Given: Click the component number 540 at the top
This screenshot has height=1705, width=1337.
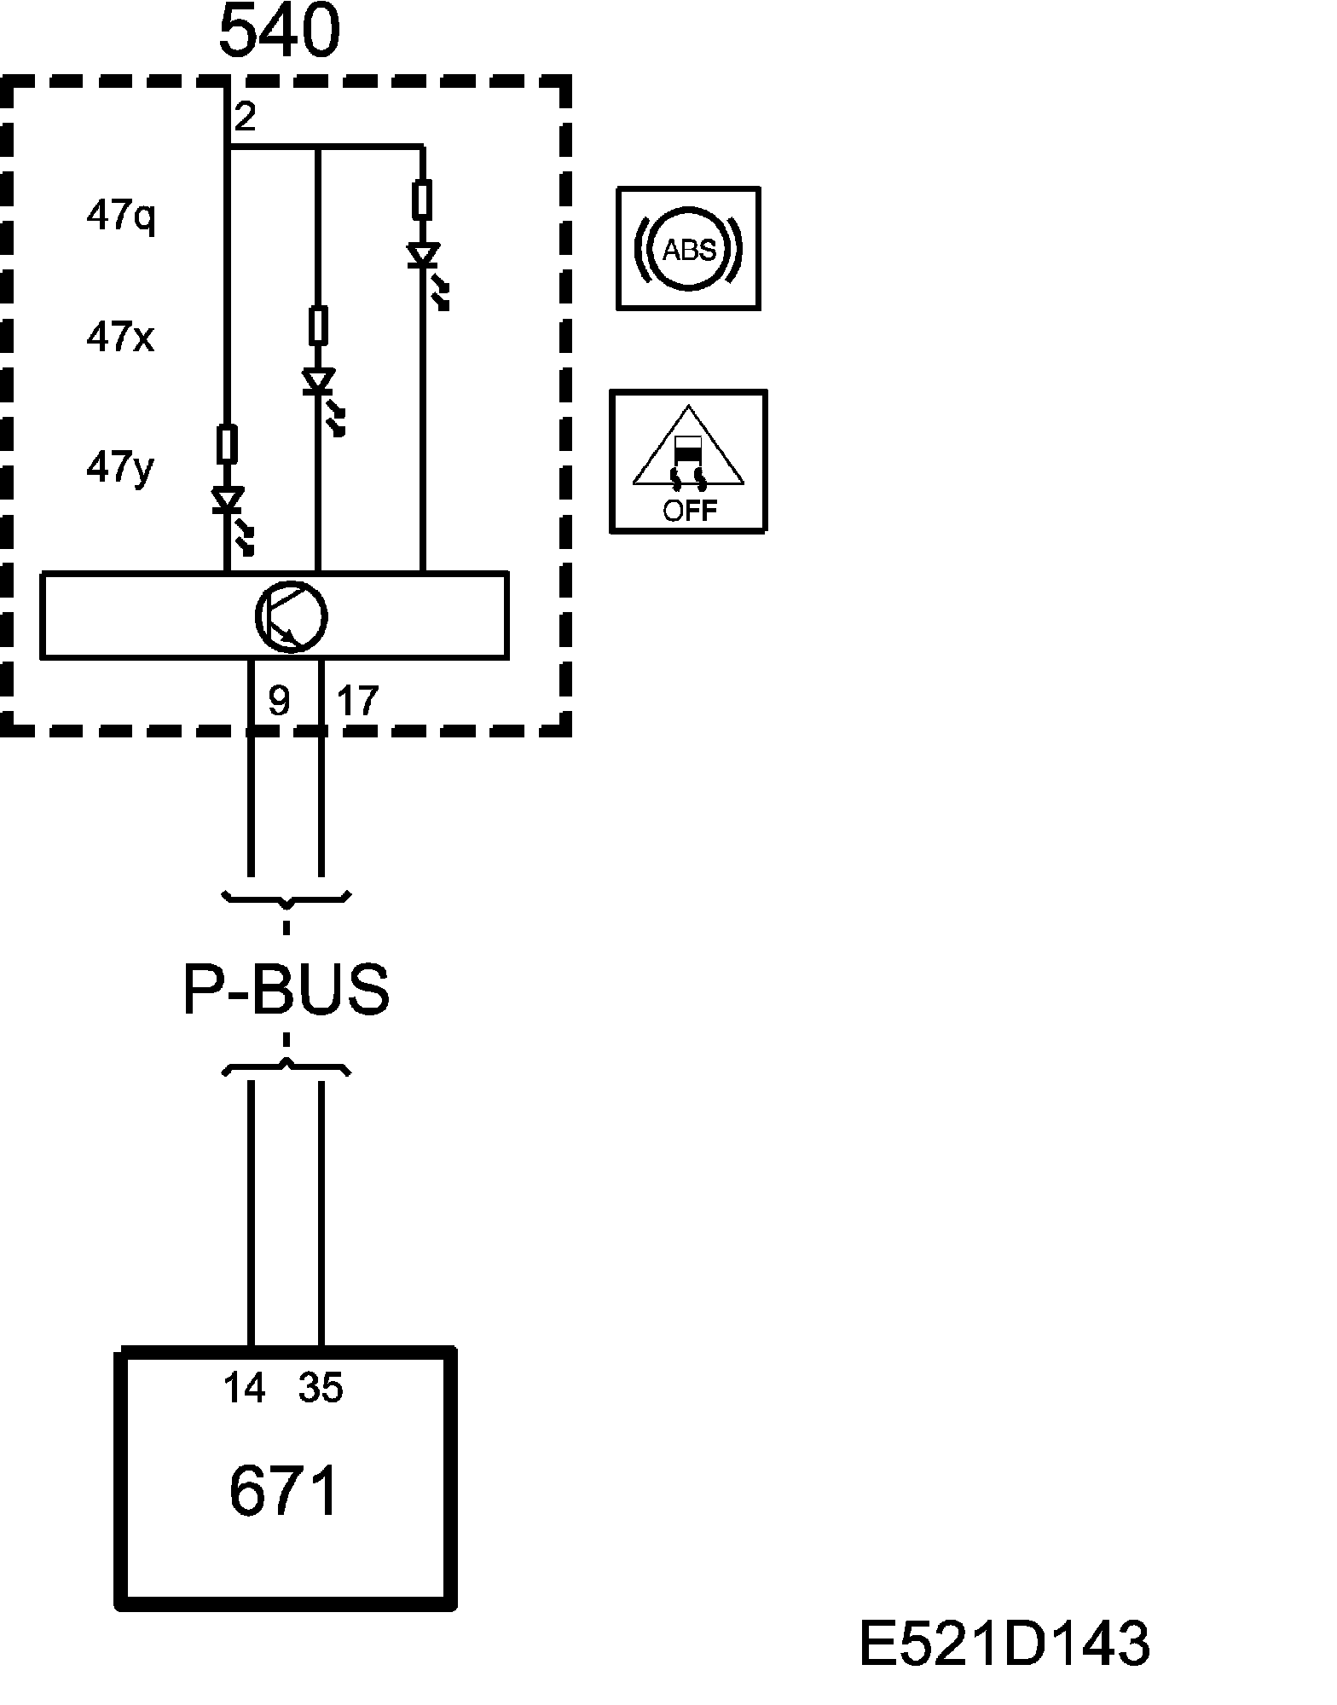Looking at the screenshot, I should [280, 32].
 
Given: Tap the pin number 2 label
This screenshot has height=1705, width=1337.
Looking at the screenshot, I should [245, 117].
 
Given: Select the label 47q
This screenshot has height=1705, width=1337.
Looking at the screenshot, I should [120, 216].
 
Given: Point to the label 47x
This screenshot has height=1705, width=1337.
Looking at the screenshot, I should [120, 338].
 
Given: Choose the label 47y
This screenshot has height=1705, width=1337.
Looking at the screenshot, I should [120, 467].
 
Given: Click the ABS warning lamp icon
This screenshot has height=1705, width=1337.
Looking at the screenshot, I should [689, 249].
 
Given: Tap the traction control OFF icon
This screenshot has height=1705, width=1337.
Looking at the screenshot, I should [689, 462].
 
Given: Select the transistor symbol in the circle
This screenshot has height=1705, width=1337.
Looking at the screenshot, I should [291, 616].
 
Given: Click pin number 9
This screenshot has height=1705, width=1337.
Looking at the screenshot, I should [279, 701].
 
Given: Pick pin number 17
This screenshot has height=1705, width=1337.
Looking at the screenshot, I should [356, 701].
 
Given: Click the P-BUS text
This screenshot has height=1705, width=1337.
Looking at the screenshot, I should [286, 990].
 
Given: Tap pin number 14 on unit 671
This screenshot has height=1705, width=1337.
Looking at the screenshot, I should [245, 1388].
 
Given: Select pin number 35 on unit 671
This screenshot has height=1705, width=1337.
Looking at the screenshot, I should [321, 1388].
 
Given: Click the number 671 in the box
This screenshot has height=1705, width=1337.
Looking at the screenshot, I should [284, 1490].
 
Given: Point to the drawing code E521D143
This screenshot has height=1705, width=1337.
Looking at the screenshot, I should [1004, 1644].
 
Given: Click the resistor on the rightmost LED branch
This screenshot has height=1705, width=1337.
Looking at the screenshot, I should [421, 199].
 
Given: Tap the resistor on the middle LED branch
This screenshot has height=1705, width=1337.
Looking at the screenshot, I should [317, 325].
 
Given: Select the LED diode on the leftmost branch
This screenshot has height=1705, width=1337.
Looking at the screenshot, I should [228, 501].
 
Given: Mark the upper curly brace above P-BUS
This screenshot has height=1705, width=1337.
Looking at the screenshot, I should [286, 898].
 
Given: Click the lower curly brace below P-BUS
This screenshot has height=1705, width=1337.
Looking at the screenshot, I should [286, 1066].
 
